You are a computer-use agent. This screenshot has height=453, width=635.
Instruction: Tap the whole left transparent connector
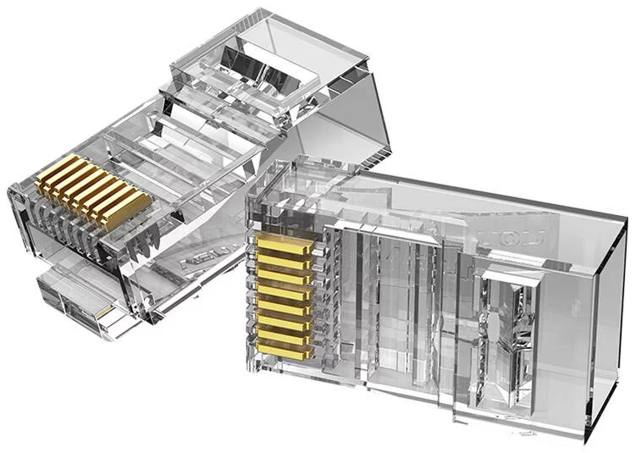(169, 169)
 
